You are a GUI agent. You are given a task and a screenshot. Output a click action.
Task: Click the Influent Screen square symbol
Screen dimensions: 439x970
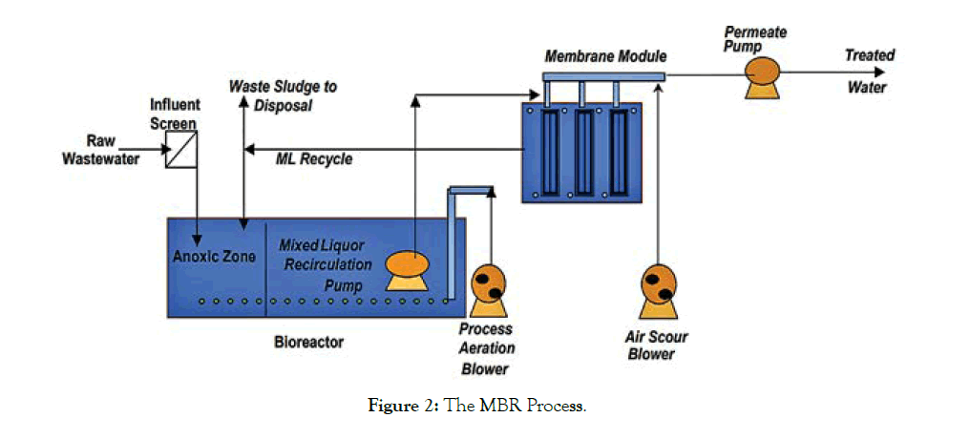pyautogui.click(x=180, y=151)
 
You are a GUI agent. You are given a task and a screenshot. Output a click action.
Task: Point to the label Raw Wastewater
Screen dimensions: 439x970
pyautogui.click(x=100, y=150)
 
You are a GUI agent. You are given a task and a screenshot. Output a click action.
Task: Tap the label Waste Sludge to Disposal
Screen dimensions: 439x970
pyautogui.click(x=283, y=95)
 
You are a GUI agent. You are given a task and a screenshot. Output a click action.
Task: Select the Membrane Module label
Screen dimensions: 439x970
pyautogui.click(x=605, y=56)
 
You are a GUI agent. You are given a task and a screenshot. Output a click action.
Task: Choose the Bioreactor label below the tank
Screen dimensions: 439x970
pyautogui.click(x=306, y=340)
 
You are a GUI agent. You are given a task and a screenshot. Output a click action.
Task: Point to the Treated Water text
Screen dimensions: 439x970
pyautogui.click(x=869, y=72)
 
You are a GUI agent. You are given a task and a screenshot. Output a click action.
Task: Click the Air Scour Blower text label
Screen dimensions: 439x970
pyautogui.click(x=657, y=345)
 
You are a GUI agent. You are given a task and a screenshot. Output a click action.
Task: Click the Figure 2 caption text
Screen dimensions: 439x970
pyautogui.click(x=477, y=408)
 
